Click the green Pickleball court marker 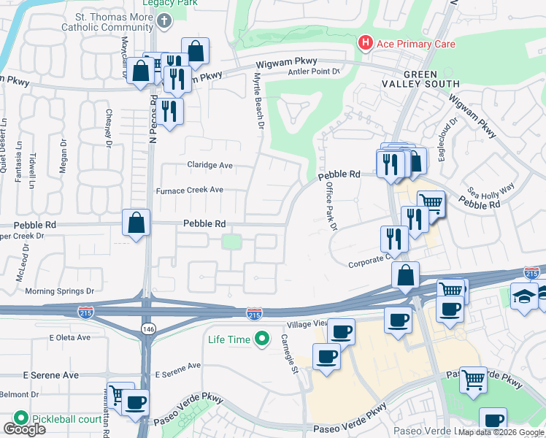coord(20,419)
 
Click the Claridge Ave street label coord(209,165)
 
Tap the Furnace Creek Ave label coord(189,190)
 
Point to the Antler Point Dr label coord(315,72)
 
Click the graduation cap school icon coord(523,296)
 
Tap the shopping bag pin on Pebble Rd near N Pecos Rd coord(136,223)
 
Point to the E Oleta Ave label coord(69,337)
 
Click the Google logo coord(24,429)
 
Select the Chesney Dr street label coord(108,128)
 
